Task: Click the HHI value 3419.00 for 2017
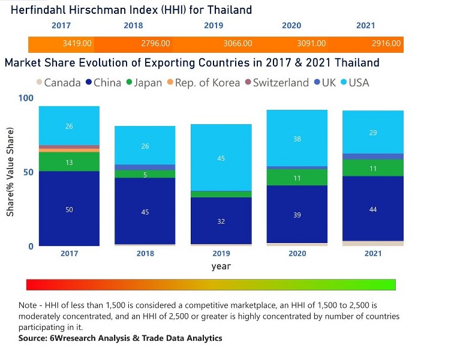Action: [77, 44]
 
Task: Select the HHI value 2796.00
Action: [155, 44]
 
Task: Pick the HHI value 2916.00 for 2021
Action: [386, 44]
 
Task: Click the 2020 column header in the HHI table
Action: [291, 26]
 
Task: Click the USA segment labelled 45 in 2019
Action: [221, 158]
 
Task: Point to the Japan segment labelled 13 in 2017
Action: [69, 161]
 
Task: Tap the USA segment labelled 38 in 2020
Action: [297, 138]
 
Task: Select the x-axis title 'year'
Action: [221, 266]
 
